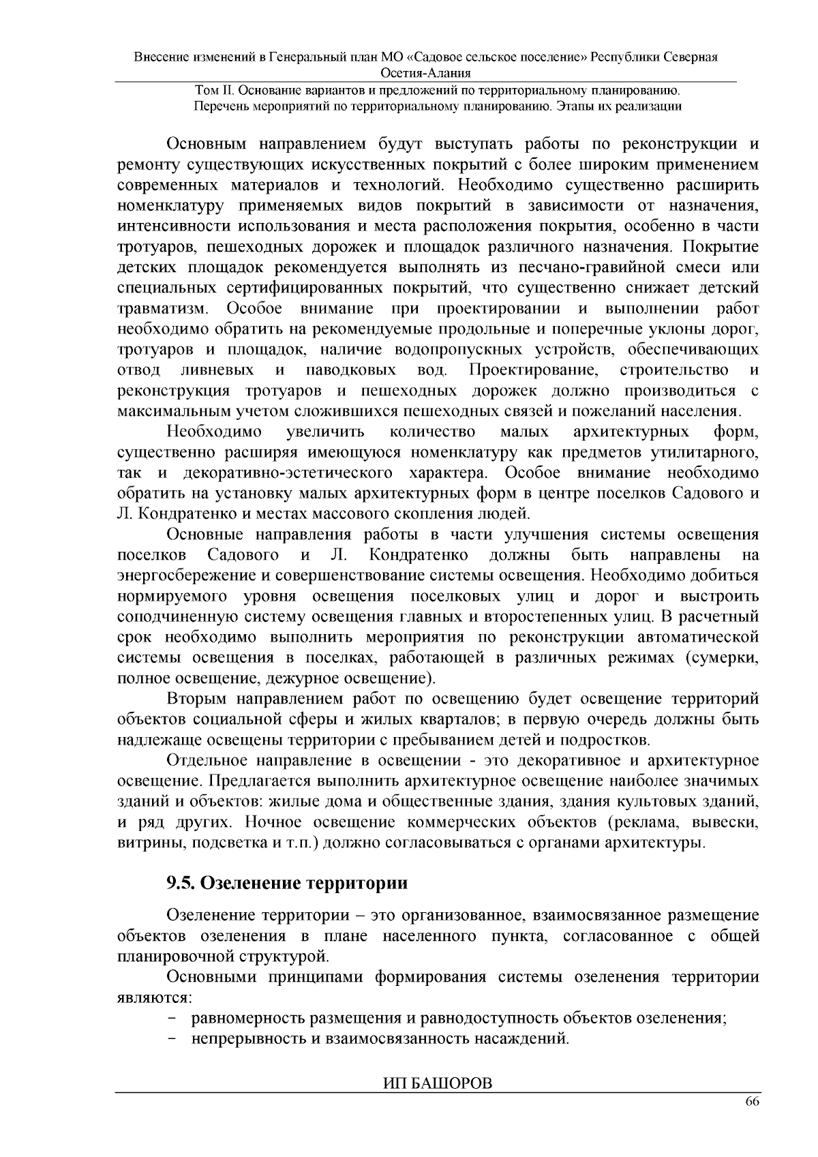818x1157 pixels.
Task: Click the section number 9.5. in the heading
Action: tap(182, 883)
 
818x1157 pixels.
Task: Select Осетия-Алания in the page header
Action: tap(426, 74)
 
